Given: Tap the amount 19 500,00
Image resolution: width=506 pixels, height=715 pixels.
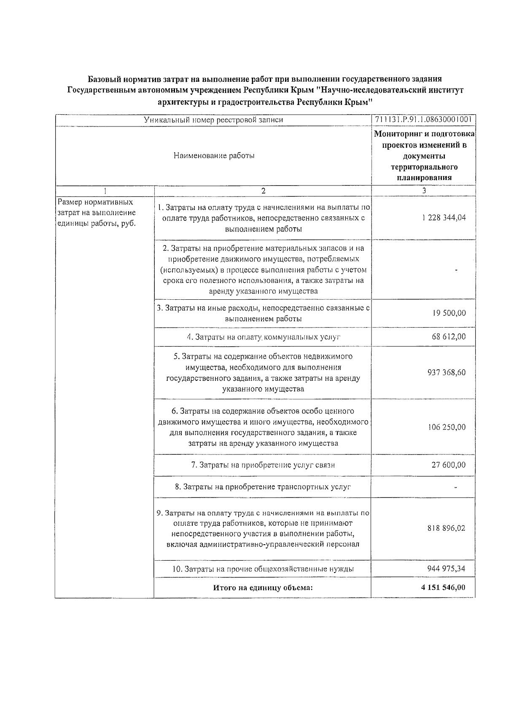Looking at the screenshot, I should coord(449,313).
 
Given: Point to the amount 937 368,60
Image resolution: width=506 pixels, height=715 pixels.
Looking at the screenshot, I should coord(447,373).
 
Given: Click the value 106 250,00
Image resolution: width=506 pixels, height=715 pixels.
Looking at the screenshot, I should coord(447,427).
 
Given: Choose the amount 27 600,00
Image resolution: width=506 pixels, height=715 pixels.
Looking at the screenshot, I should coord(449,465).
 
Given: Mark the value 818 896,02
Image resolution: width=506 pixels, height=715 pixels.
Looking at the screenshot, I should coord(447,528).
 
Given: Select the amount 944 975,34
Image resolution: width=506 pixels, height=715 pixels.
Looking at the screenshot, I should coord(447,569).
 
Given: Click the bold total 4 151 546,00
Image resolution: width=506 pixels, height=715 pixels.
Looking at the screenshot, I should coord(443,588).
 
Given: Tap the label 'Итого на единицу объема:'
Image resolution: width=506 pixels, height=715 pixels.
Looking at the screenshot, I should coord(263,588).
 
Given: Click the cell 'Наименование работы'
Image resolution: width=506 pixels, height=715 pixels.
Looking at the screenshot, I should coord(214,156).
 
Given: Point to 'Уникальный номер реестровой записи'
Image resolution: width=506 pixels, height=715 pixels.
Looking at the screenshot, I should coord(213,120).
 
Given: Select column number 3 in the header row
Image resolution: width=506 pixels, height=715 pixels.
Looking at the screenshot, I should coord(424,191).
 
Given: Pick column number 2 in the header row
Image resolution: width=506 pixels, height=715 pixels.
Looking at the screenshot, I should coord(263,191).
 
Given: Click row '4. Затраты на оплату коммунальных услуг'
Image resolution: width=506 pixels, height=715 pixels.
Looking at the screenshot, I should coord(263,337).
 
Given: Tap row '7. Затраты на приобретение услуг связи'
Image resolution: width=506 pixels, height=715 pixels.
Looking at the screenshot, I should coord(263,465).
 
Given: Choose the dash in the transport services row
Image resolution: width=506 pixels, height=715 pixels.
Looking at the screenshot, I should coord(455,487).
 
